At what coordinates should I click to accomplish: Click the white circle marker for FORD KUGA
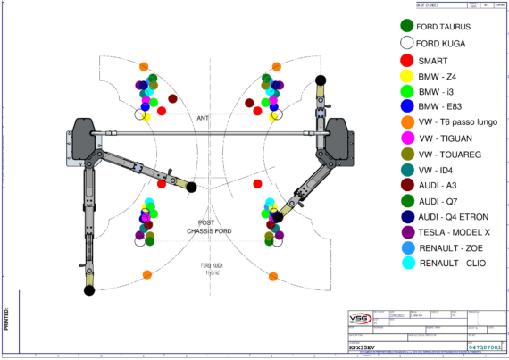click(406, 43)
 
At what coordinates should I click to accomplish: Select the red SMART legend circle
click(406, 60)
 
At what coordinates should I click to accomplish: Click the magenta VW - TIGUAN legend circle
click(406, 138)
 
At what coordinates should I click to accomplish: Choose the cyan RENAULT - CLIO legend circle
click(406, 263)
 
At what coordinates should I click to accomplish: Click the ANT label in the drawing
click(203, 117)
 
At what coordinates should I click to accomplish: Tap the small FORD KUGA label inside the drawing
click(211, 265)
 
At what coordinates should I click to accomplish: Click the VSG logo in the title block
click(359, 318)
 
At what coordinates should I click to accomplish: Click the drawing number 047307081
click(485, 345)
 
